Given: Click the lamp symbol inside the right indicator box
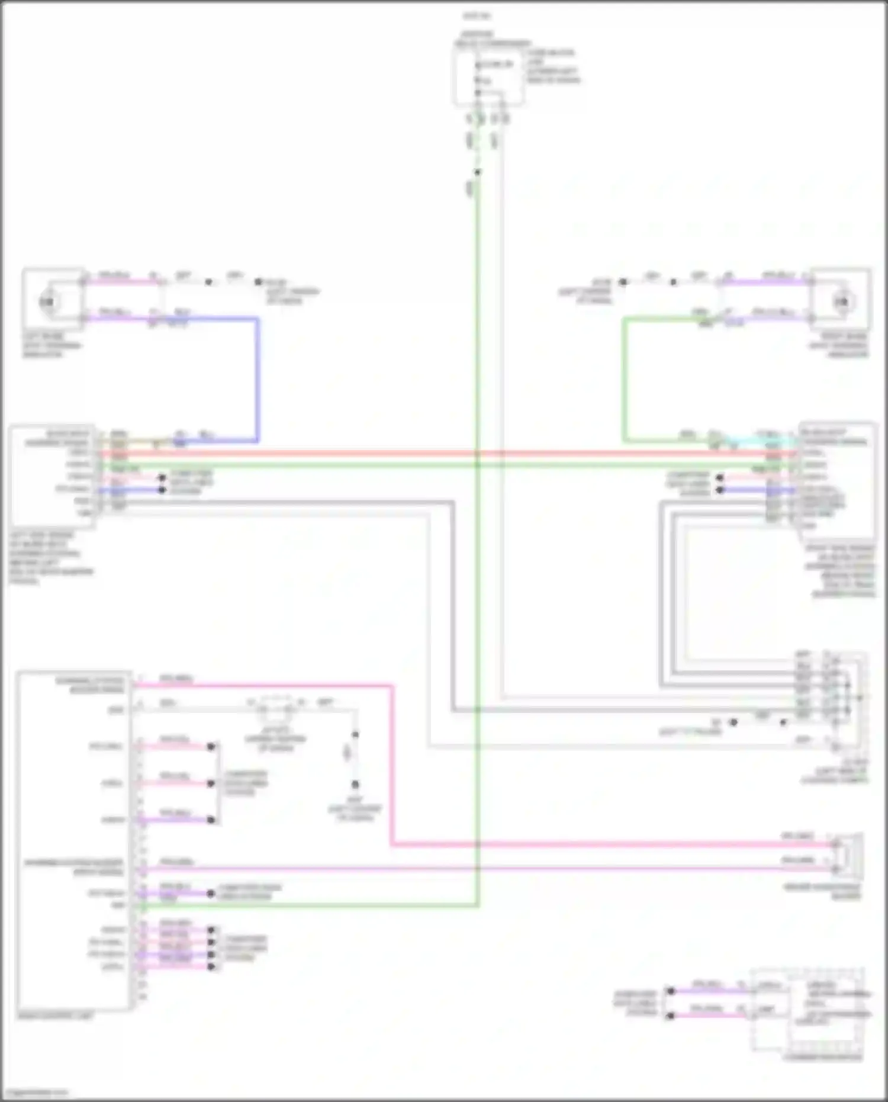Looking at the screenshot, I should pos(841,302).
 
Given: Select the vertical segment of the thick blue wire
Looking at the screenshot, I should pos(257,379).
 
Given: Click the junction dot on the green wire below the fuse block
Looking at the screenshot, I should pos(477,172).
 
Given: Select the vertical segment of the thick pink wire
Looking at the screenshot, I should pos(391,764).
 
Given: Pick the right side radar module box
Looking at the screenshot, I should pos(838,480).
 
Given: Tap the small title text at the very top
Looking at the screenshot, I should pos(477,16).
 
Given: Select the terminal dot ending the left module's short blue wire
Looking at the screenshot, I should pos(162,490).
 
